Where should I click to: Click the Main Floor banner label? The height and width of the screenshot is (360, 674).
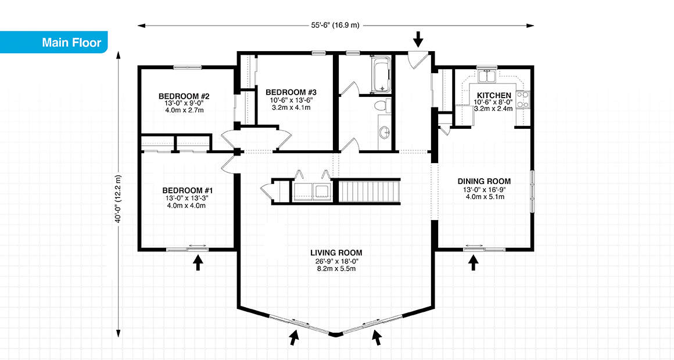(71, 42)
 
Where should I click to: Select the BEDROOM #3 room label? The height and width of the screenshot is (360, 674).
(291, 92)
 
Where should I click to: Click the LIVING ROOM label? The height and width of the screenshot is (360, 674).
(336, 253)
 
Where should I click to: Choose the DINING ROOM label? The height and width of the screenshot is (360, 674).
(483, 181)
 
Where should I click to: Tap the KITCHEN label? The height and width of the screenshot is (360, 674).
(494, 95)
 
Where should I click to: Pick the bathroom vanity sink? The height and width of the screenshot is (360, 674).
(384, 132)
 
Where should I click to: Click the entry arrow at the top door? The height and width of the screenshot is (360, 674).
(418, 40)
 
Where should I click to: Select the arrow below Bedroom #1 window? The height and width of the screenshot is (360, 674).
(198, 264)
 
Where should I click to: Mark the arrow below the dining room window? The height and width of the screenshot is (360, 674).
(474, 264)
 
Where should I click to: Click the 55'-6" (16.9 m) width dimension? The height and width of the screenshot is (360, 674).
(335, 26)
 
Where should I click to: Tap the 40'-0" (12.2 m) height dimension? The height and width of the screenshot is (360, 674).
(119, 199)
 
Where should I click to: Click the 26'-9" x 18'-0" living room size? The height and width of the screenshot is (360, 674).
(336, 261)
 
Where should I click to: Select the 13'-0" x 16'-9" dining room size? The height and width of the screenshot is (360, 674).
(483, 189)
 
